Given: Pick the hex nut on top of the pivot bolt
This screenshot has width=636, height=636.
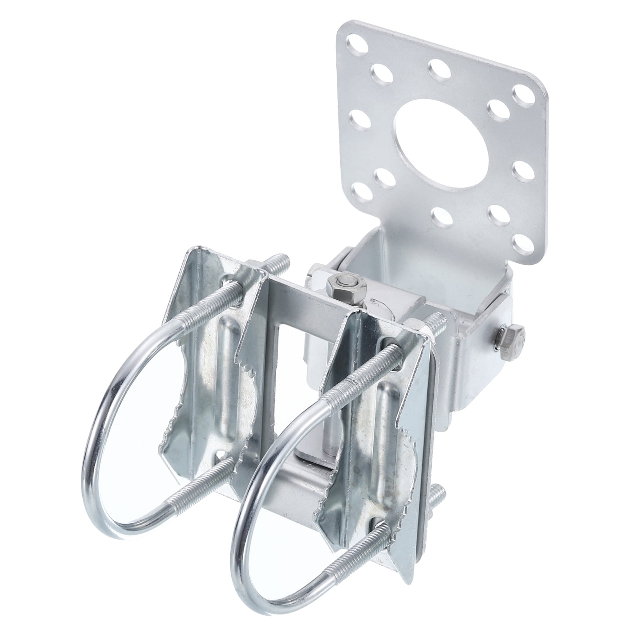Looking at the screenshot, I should click(345, 285).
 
